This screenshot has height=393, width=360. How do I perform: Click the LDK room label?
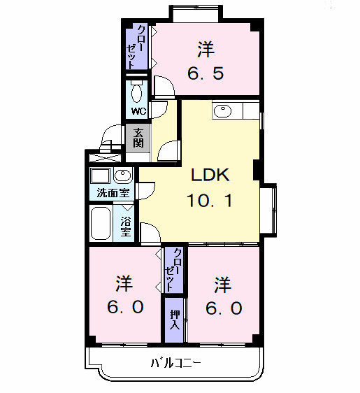207,176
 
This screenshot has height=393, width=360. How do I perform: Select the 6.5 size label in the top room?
205,72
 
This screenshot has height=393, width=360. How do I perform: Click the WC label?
137,111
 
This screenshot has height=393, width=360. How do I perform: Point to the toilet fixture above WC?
137,92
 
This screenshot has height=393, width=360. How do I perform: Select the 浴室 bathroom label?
126,226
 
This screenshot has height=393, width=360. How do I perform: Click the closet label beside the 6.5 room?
138,47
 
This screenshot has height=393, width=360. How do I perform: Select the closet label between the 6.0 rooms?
175,269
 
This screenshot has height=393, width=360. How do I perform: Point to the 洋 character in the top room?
205,49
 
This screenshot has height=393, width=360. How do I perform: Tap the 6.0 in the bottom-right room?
223,307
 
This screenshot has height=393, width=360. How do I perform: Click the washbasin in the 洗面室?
122,175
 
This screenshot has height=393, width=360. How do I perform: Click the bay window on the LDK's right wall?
270,208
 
